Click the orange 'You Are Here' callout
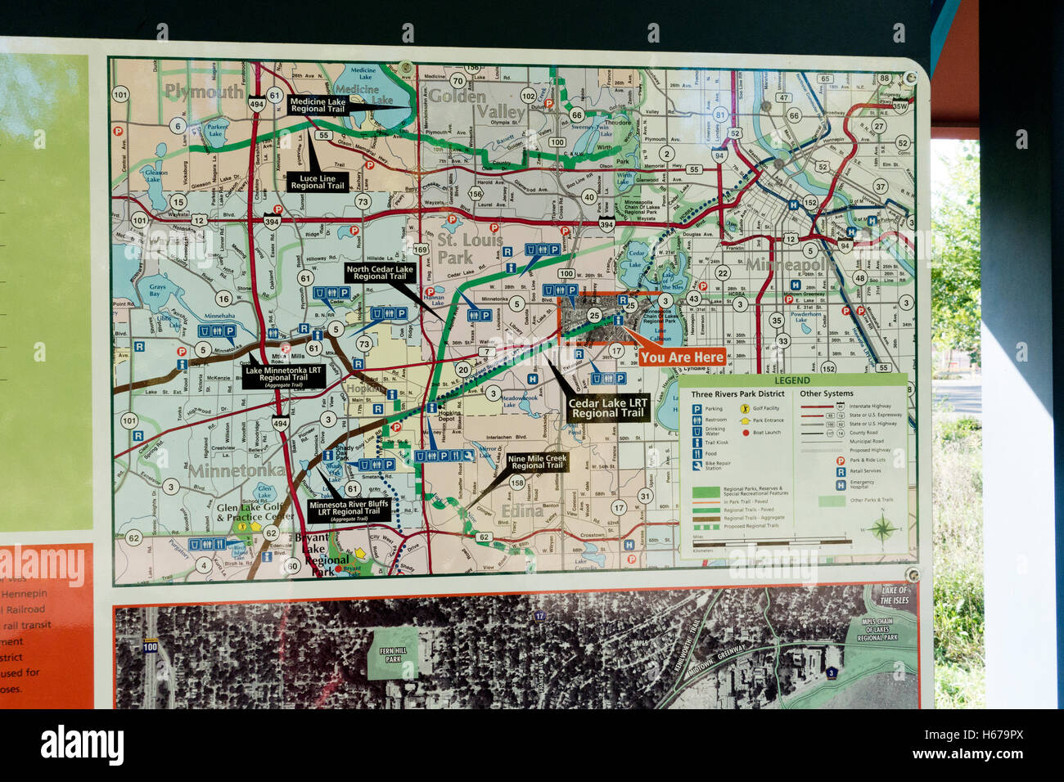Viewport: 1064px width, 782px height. tap(682, 357)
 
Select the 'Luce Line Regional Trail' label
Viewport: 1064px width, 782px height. tap(318, 182)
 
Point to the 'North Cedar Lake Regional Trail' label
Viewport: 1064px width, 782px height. tap(380, 272)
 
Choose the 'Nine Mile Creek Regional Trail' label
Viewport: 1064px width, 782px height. tap(537, 462)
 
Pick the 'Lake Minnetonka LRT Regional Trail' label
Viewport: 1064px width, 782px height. tap(283, 375)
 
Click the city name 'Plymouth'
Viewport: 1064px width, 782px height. tap(204, 91)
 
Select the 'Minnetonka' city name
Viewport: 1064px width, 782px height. tap(237, 470)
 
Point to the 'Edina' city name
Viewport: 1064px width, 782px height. tap(521, 511)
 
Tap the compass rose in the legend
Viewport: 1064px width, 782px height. tap(881, 528)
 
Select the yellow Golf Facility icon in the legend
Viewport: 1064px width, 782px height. tap(745, 408)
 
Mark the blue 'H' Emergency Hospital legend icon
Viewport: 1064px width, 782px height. tap(840, 484)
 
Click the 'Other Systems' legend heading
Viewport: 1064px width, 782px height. tap(827, 393)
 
